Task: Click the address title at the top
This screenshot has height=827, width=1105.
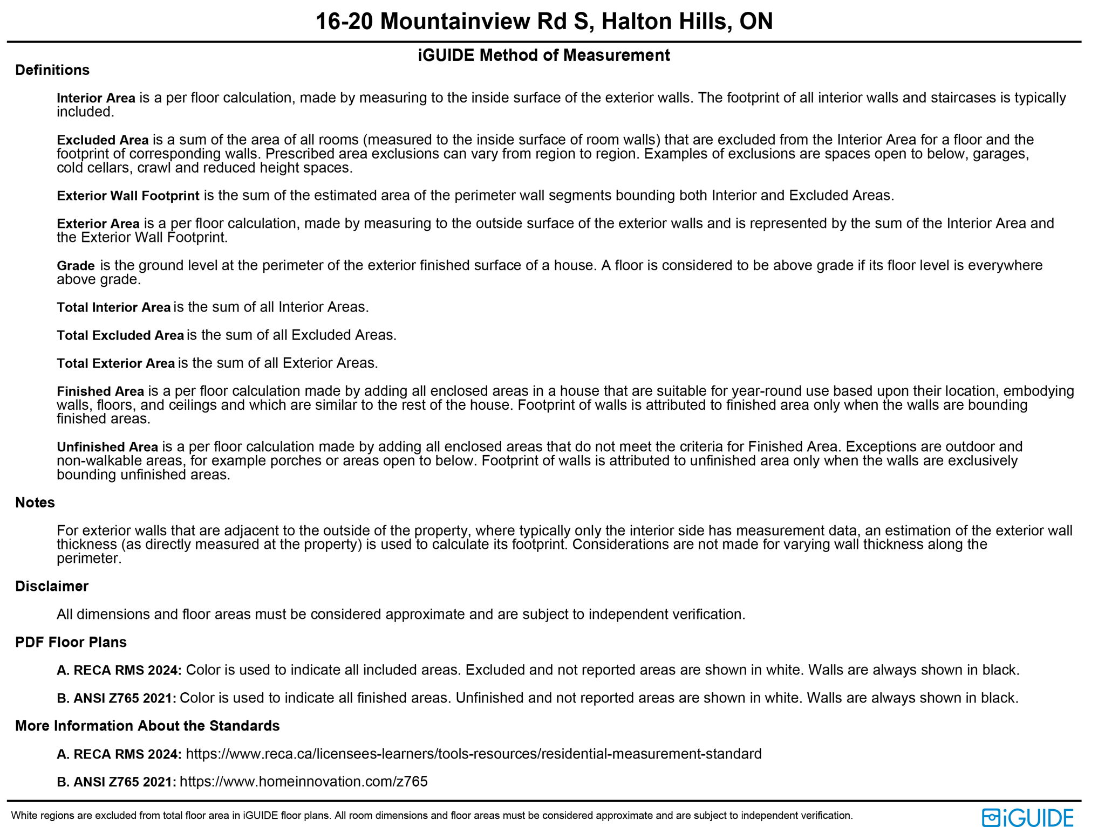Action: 544,22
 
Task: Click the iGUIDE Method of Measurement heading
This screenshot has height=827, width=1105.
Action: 544,55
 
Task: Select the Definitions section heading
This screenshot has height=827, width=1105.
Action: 52,70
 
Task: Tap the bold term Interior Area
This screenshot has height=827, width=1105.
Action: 96,98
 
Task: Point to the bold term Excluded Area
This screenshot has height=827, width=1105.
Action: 103,140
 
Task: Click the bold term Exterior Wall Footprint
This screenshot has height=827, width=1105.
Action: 128,196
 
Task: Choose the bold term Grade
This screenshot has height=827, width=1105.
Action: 76,266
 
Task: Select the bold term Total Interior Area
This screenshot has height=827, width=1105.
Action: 113,307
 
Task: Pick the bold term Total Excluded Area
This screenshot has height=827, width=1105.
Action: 120,335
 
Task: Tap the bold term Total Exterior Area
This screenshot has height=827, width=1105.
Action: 115,363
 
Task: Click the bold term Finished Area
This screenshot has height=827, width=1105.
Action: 100,391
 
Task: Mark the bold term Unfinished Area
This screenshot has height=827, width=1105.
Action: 107,447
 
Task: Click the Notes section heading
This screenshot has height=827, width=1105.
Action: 35,502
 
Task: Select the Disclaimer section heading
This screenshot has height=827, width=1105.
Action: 52,586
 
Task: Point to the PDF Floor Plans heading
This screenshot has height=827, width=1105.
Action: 71,642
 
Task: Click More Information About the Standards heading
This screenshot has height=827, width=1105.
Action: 147,726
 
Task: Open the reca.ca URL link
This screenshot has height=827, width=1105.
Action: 473,754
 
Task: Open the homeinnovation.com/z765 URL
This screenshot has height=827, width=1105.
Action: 303,782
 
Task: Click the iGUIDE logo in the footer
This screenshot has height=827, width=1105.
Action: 1027,817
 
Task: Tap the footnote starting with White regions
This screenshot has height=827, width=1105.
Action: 432,816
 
